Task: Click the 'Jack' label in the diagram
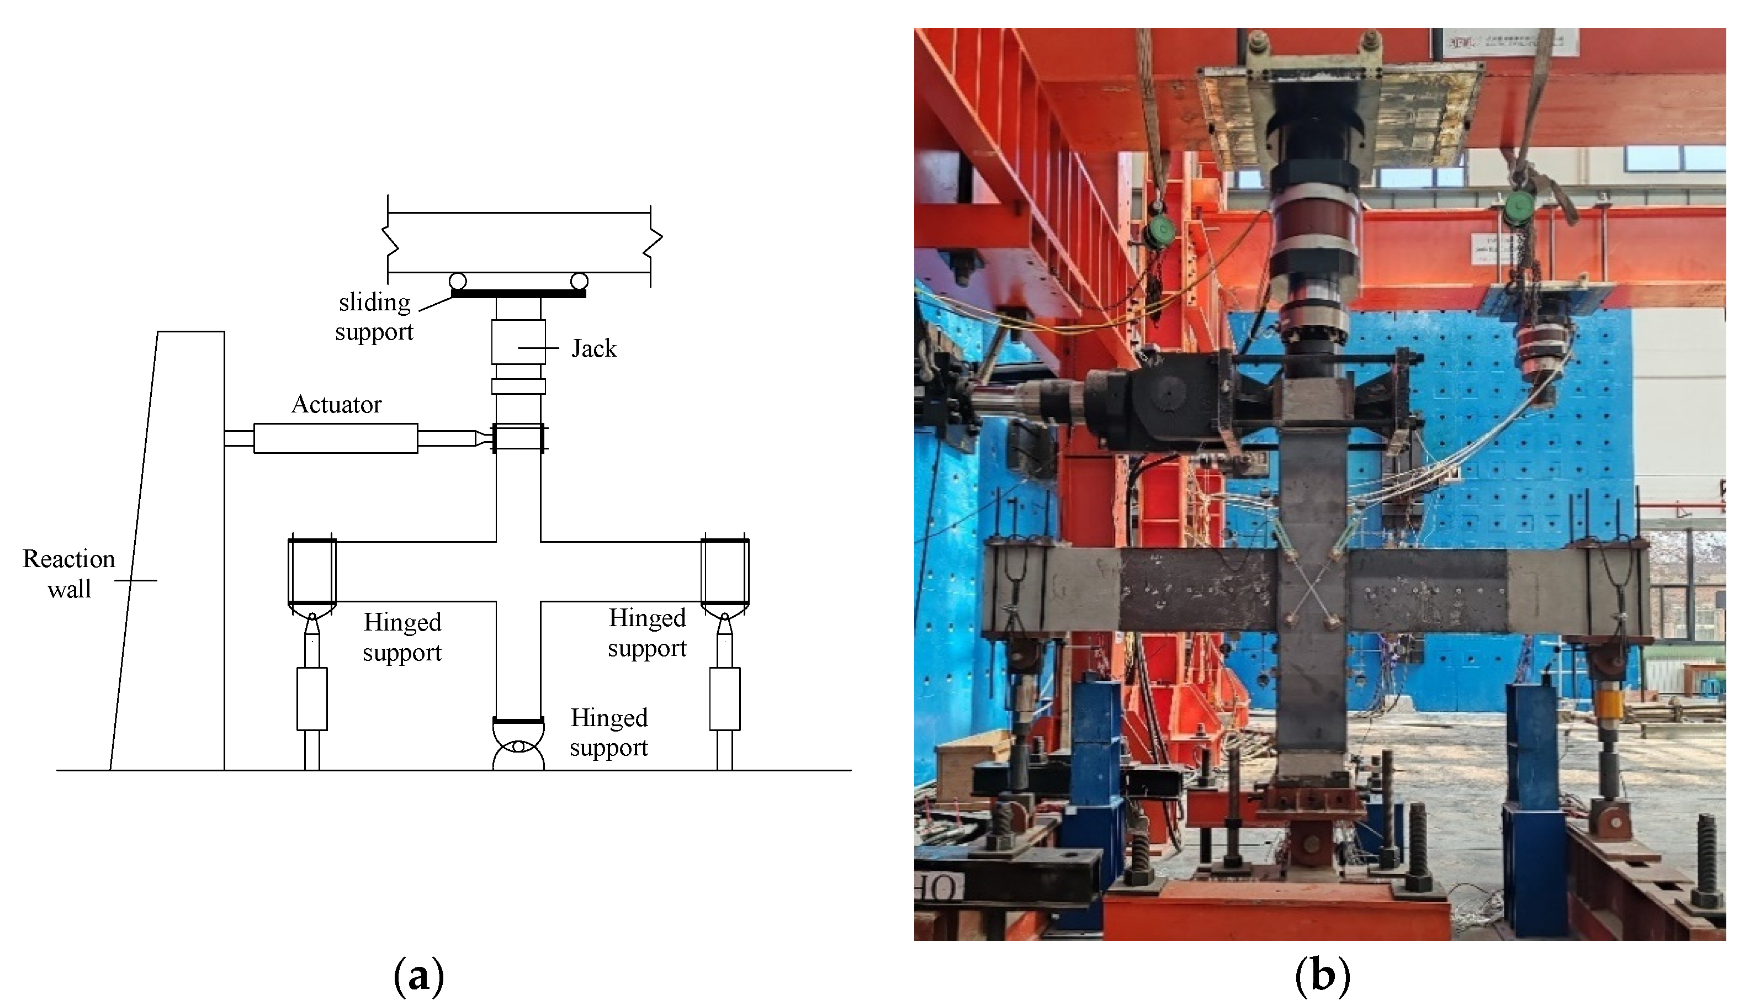click(593, 349)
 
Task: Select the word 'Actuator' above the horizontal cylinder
click(336, 405)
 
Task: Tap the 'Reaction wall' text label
click(69, 574)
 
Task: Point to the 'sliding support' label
click(374, 317)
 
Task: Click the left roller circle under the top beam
click(457, 281)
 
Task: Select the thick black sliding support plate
click(518, 294)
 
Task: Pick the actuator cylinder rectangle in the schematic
click(336, 438)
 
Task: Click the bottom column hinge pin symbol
click(518, 746)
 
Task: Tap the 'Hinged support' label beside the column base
click(608, 732)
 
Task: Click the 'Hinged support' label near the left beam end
click(402, 637)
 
